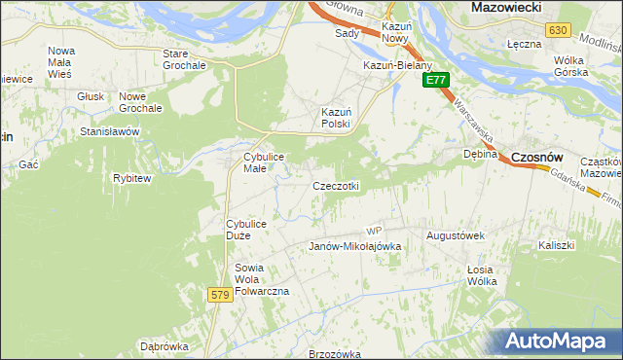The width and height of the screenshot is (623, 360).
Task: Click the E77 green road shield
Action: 435,80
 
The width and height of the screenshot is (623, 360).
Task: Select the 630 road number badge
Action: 557,30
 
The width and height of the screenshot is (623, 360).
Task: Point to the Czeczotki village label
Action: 337,186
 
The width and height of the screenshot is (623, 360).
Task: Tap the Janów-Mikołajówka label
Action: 355,247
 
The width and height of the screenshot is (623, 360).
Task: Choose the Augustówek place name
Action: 456,235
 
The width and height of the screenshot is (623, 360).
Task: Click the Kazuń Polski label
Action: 336,118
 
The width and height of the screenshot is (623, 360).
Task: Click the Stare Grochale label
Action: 184,59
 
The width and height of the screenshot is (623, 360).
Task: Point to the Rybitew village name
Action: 131,179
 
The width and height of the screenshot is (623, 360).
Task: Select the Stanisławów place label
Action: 110,131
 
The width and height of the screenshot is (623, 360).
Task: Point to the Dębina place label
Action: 480,154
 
